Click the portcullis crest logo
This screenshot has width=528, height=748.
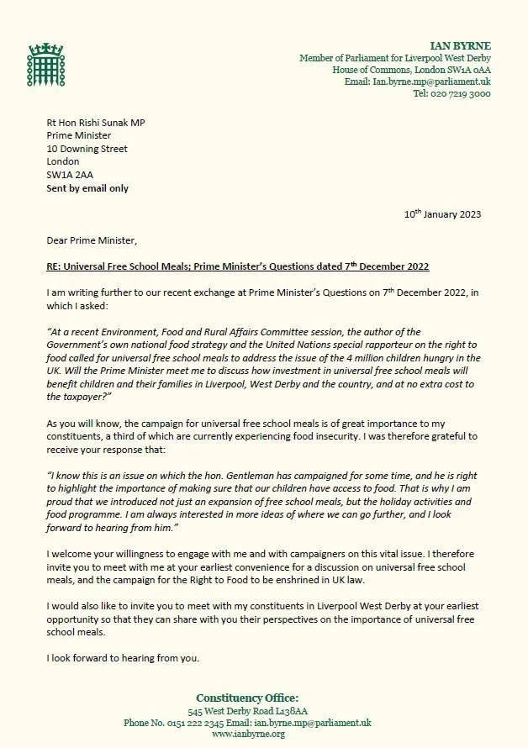40,61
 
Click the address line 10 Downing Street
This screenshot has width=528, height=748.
87,149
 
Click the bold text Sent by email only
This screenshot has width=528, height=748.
87,188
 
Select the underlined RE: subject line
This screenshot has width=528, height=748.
238,266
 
